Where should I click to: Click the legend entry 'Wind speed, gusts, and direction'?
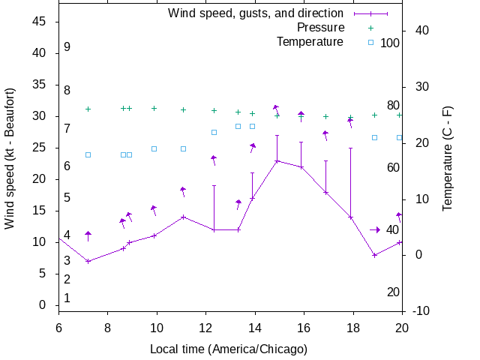tap(255, 13)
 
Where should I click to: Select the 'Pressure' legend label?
tap(319, 28)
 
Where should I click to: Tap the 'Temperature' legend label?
tap(310, 42)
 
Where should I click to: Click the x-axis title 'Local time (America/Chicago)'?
tap(229, 349)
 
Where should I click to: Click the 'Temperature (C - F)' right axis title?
tap(447, 158)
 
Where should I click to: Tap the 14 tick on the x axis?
tap(255, 328)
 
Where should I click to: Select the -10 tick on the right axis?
tap(420, 310)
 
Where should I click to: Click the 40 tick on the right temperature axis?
tap(421, 31)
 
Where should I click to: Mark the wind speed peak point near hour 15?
tap(277, 160)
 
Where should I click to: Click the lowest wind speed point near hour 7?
tap(88, 261)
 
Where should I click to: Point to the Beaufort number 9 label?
tap(67, 46)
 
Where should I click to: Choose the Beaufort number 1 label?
tap(67, 298)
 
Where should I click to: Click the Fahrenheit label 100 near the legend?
tap(390, 43)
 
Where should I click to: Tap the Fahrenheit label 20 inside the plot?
tap(393, 292)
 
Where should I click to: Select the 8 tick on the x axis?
tap(108, 328)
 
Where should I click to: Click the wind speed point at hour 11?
tap(183, 217)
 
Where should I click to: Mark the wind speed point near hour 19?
tap(374, 255)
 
